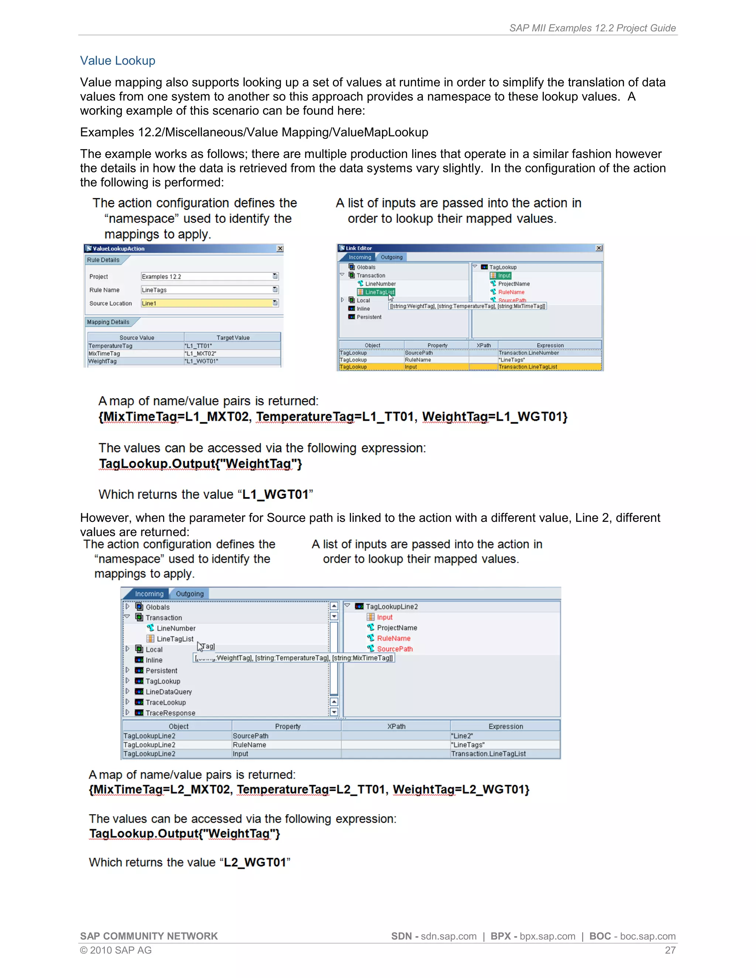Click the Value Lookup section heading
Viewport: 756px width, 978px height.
pos(117,61)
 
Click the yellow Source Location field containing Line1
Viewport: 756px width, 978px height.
pos(206,303)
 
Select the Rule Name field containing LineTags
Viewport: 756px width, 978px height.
pos(206,290)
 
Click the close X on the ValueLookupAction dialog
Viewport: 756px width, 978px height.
pos(280,248)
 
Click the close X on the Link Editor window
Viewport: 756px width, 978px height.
pos(599,248)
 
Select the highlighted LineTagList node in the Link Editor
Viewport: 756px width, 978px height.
pos(379,292)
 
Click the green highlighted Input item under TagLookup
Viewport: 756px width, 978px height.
pos(504,275)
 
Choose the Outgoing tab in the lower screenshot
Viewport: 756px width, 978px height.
pos(189,594)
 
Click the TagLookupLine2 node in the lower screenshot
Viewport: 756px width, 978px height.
pos(391,606)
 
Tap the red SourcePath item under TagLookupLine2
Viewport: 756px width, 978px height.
pos(395,649)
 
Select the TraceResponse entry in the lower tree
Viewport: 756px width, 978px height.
pos(170,713)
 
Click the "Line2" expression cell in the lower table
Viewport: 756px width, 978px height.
pos(462,736)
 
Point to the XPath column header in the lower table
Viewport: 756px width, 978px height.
pos(396,726)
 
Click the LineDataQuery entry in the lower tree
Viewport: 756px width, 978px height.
pos(168,692)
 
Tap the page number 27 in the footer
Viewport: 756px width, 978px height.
pos(670,950)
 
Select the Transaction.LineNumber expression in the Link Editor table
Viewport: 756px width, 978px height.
pos(529,353)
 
